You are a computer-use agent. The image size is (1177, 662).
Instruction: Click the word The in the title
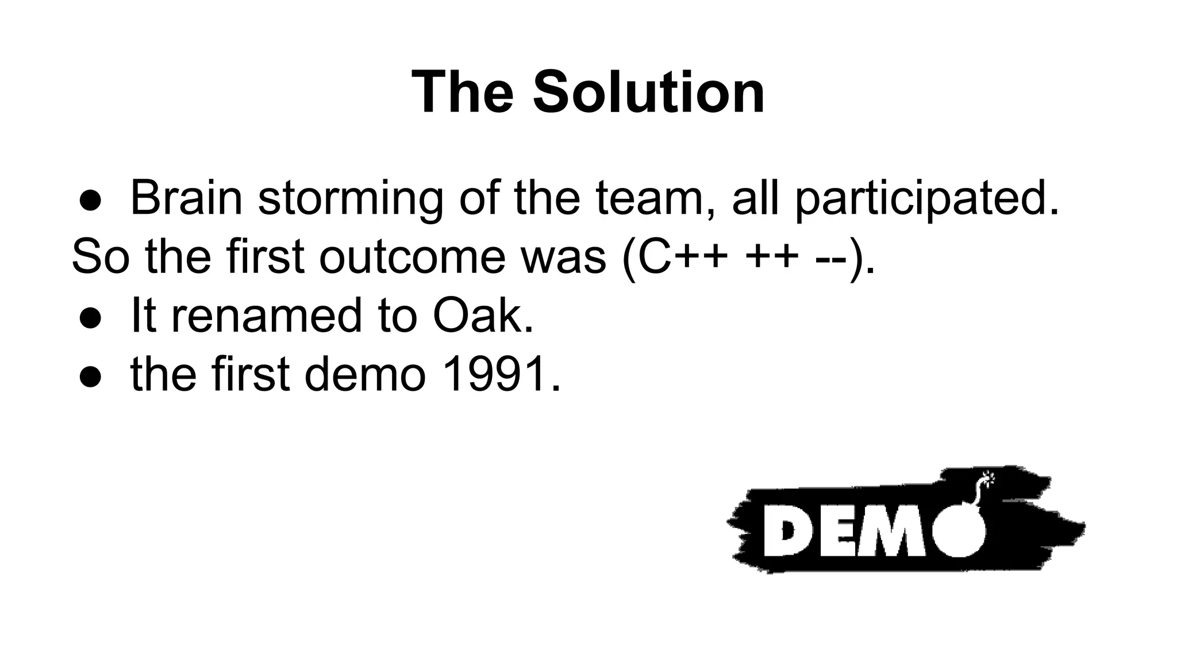click(463, 93)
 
